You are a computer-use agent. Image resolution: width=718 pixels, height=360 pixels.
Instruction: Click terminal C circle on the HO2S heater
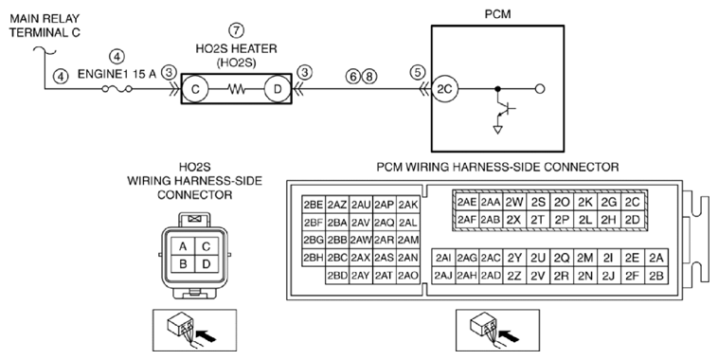click(195, 89)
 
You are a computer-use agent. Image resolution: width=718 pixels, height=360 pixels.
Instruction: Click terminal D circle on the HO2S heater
click(278, 89)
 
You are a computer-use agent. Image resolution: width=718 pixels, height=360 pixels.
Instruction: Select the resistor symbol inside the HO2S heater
click(236, 89)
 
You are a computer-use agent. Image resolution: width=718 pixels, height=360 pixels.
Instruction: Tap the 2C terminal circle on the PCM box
click(444, 89)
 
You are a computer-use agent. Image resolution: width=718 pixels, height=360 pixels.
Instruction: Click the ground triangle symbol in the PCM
click(497, 130)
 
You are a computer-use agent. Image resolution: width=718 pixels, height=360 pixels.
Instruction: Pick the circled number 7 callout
click(236, 30)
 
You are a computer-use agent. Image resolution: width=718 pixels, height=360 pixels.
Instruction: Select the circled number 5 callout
click(418, 71)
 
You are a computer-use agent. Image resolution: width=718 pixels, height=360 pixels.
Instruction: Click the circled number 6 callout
click(353, 77)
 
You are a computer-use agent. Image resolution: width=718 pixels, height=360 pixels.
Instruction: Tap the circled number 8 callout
click(369, 77)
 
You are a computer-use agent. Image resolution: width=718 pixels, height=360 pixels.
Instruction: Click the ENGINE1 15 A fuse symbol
click(117, 89)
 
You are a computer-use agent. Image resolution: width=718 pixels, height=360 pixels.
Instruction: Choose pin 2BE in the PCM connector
click(314, 205)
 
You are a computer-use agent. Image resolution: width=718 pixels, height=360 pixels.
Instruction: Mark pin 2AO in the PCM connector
click(408, 276)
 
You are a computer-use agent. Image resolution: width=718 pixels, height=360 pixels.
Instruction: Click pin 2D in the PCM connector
click(633, 220)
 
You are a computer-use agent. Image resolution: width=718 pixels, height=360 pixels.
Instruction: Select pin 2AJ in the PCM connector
click(443, 276)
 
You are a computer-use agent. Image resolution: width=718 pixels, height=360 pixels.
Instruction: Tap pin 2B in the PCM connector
click(656, 276)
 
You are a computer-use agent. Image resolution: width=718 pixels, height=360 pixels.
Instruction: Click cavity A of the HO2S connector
click(183, 247)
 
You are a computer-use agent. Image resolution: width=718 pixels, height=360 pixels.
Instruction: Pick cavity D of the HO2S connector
click(206, 263)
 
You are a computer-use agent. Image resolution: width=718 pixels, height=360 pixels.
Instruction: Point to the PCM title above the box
click(497, 14)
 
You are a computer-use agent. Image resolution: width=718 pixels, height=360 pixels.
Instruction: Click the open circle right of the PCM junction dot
click(540, 89)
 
